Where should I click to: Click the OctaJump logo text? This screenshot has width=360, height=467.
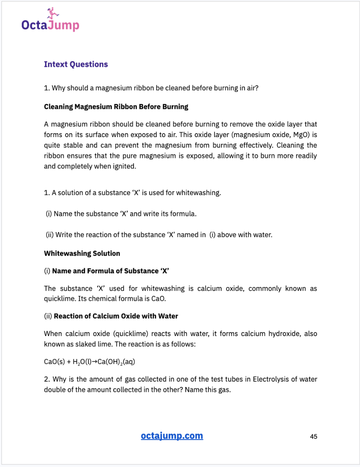click(50, 25)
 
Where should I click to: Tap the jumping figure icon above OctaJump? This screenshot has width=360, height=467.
click(52, 13)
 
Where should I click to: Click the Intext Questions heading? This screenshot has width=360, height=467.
click(76, 64)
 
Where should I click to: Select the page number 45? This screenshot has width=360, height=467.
click(314, 436)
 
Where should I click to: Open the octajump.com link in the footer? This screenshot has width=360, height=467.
click(172, 436)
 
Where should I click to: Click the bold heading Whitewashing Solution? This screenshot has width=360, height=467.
click(82, 253)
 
